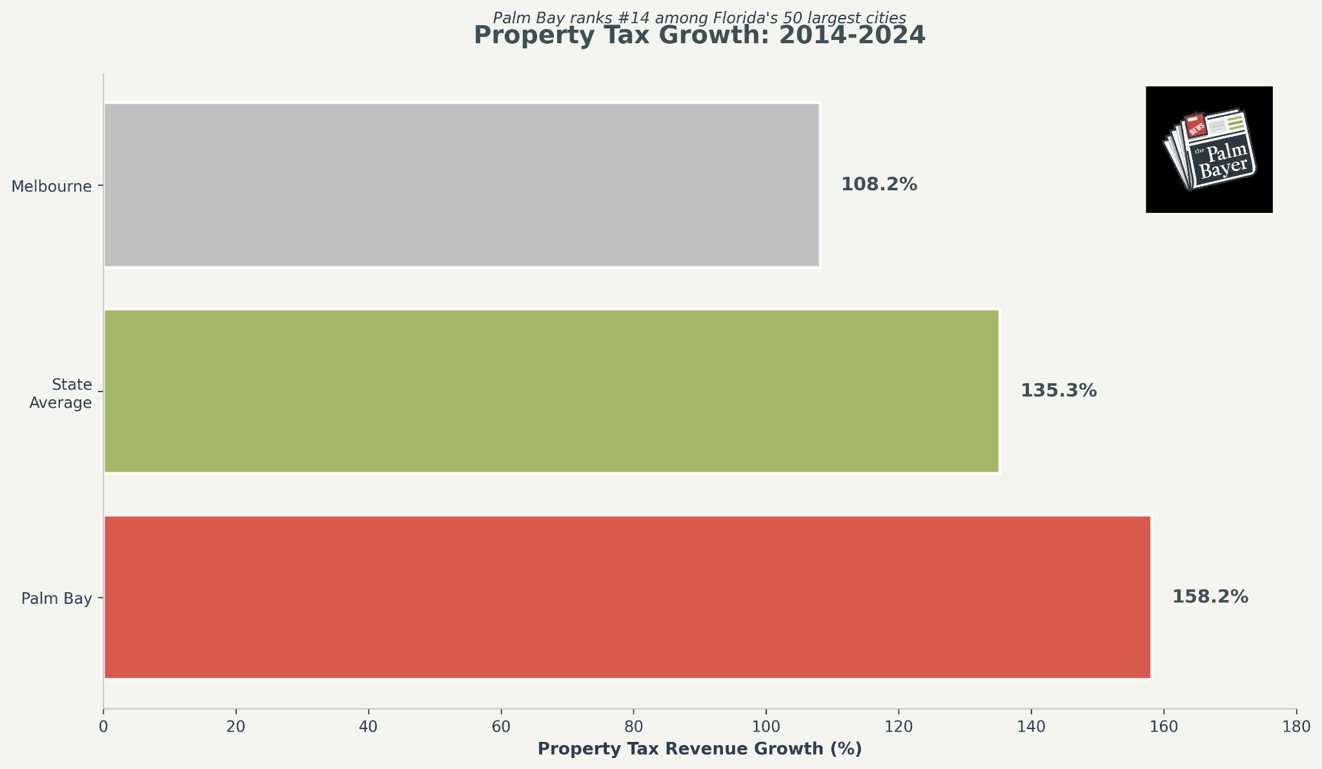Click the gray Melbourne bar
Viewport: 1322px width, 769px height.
coord(462,185)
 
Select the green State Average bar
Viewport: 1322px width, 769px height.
coord(551,391)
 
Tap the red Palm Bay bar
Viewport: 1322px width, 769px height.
coord(627,597)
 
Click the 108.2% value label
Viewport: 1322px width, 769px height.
coord(879,185)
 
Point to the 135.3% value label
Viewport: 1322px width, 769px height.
coord(1058,391)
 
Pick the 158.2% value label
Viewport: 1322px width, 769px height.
coord(1210,597)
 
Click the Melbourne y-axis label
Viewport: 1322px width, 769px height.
coord(52,186)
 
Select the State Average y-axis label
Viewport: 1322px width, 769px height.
coord(61,394)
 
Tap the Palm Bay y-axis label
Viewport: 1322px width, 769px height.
coord(56,599)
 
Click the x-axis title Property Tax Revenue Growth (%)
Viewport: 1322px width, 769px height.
coord(699,749)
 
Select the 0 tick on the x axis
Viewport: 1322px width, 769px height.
coord(103,726)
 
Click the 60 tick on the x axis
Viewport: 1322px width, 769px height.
coord(501,726)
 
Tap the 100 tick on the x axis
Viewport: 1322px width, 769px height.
coord(766,726)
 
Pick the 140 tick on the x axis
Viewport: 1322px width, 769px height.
coord(1031,726)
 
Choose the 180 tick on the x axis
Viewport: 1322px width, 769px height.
coord(1296,726)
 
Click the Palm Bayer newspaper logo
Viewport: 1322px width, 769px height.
coord(1209,150)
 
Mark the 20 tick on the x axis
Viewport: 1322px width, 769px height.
coord(236,726)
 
